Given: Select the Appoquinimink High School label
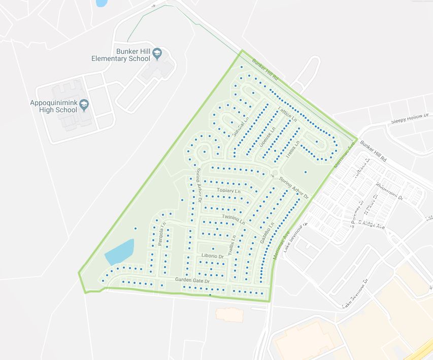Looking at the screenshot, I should (53, 106).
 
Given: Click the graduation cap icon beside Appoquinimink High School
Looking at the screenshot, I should (84, 105).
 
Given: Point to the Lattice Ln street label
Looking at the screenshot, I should (286, 113).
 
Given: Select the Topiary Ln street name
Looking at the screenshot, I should (227, 190).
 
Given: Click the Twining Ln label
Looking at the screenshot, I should (233, 219).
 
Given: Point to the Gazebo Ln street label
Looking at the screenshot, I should (267, 232).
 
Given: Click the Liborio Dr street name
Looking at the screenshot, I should (212, 256).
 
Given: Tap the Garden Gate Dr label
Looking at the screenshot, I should (192, 280).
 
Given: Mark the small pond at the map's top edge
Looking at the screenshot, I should (102, 3).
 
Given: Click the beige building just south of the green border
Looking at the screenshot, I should (229, 314).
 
